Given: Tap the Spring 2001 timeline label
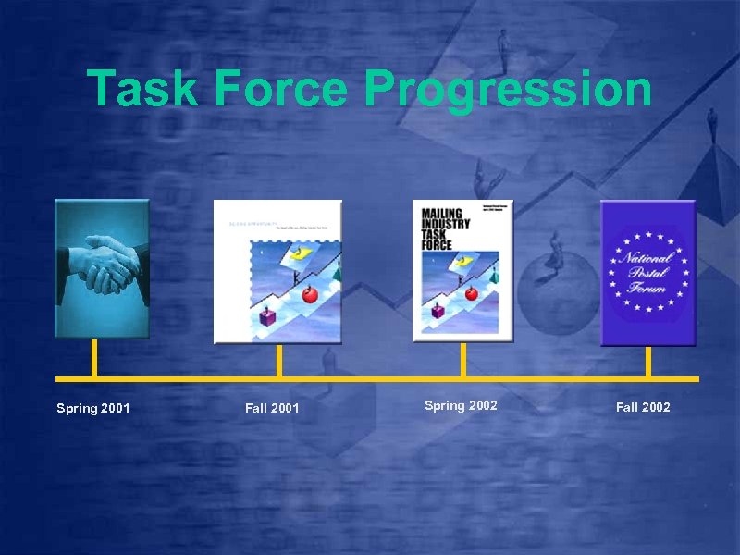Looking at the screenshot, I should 92,408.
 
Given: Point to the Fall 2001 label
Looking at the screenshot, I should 272,408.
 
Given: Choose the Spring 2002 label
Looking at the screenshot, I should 461,405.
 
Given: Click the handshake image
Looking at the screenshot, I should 102,267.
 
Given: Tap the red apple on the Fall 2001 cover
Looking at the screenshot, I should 309,294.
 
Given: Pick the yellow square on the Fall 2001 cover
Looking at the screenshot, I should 298,253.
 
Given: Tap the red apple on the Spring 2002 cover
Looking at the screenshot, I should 472,293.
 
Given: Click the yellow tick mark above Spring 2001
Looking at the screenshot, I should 93,359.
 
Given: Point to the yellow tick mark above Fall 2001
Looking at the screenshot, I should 278,361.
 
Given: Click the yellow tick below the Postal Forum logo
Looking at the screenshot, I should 647,361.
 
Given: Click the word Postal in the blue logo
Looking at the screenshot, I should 647,273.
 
